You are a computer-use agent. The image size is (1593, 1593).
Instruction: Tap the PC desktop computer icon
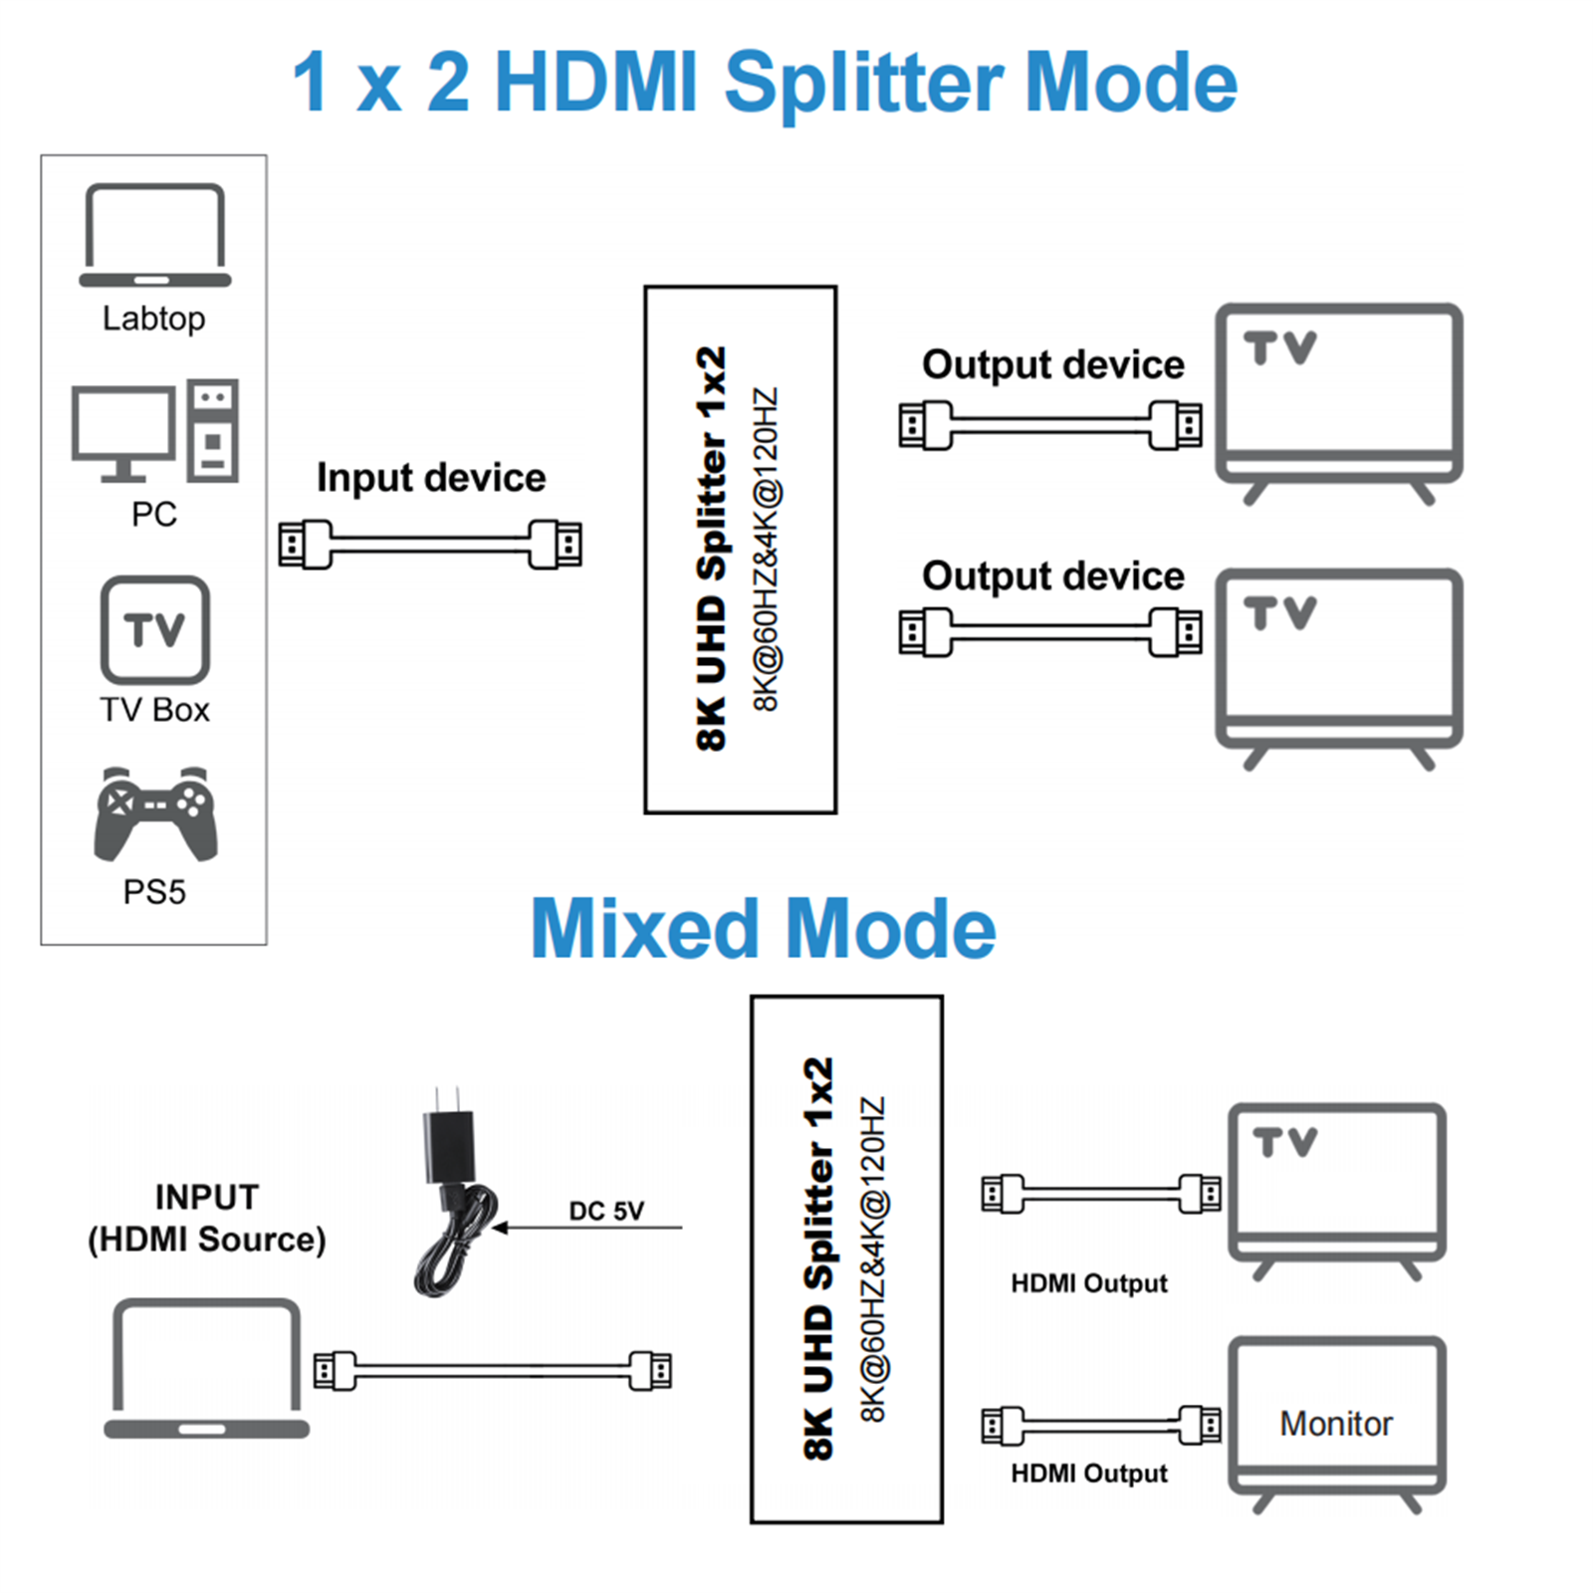154,431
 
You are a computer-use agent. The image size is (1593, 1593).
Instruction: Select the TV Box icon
154,629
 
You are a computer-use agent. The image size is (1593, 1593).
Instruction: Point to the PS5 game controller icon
154,813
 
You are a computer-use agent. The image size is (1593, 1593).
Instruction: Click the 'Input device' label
431,478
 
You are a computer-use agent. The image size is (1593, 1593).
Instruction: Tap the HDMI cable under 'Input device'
430,544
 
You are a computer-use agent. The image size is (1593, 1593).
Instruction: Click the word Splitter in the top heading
862,84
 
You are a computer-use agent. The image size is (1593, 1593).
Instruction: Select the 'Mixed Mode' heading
763,928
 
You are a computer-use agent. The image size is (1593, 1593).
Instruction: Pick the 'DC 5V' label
606,1211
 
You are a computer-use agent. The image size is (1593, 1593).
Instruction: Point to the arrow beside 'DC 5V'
587,1229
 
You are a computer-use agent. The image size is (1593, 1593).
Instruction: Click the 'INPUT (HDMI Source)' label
207,1218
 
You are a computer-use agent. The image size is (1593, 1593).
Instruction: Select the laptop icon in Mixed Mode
206,1367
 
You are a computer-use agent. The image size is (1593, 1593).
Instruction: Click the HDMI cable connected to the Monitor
1100,1425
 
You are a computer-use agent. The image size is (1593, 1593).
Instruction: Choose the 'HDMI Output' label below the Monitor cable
1088,1474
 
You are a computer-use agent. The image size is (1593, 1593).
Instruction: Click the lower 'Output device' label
1052,576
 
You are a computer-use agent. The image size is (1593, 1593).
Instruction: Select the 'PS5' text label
154,892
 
